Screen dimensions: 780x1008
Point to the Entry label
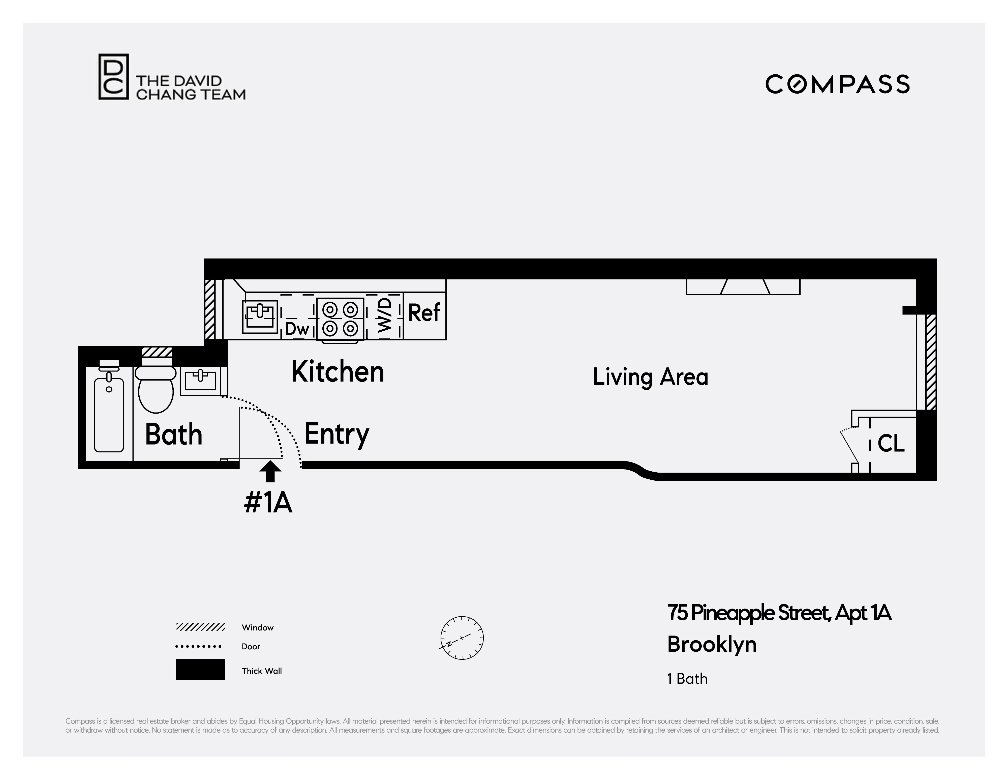point(337,434)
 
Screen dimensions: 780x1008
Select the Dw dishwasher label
point(297,329)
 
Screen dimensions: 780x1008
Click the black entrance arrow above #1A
point(270,472)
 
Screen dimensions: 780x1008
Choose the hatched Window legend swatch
point(200,627)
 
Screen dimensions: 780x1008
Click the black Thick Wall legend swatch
point(200,669)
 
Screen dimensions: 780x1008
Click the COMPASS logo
point(837,84)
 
